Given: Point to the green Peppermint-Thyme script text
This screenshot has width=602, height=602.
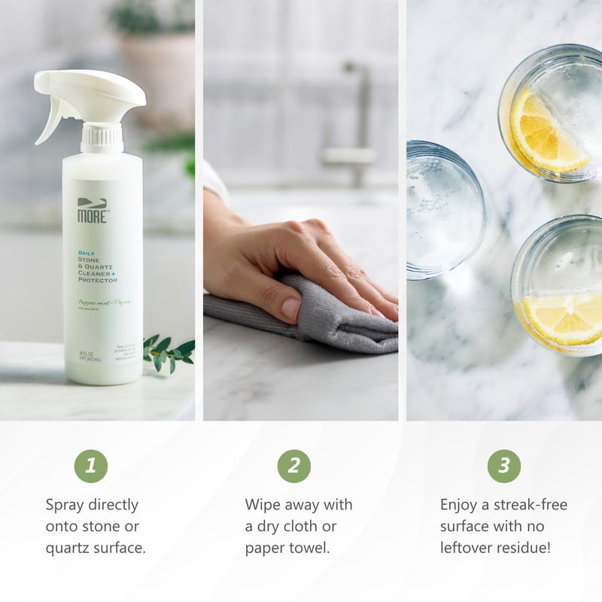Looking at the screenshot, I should pos(104,303).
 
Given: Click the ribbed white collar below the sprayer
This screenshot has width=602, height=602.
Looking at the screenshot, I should pos(102,138).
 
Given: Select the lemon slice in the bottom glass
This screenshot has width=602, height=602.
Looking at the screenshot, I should pos(564,317).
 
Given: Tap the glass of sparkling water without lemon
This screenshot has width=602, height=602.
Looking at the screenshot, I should pos(444,209).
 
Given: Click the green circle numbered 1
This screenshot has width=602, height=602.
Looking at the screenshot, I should pos(90,467).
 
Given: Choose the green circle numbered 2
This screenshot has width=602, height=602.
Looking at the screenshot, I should pos(293,467).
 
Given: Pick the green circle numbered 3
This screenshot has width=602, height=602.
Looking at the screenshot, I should pos(503,467).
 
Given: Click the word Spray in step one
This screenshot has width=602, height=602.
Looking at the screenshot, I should pos(66,505).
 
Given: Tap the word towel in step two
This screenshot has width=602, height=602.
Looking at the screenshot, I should pos(309,548).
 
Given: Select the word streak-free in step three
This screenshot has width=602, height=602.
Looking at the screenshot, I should pos(531,504).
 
